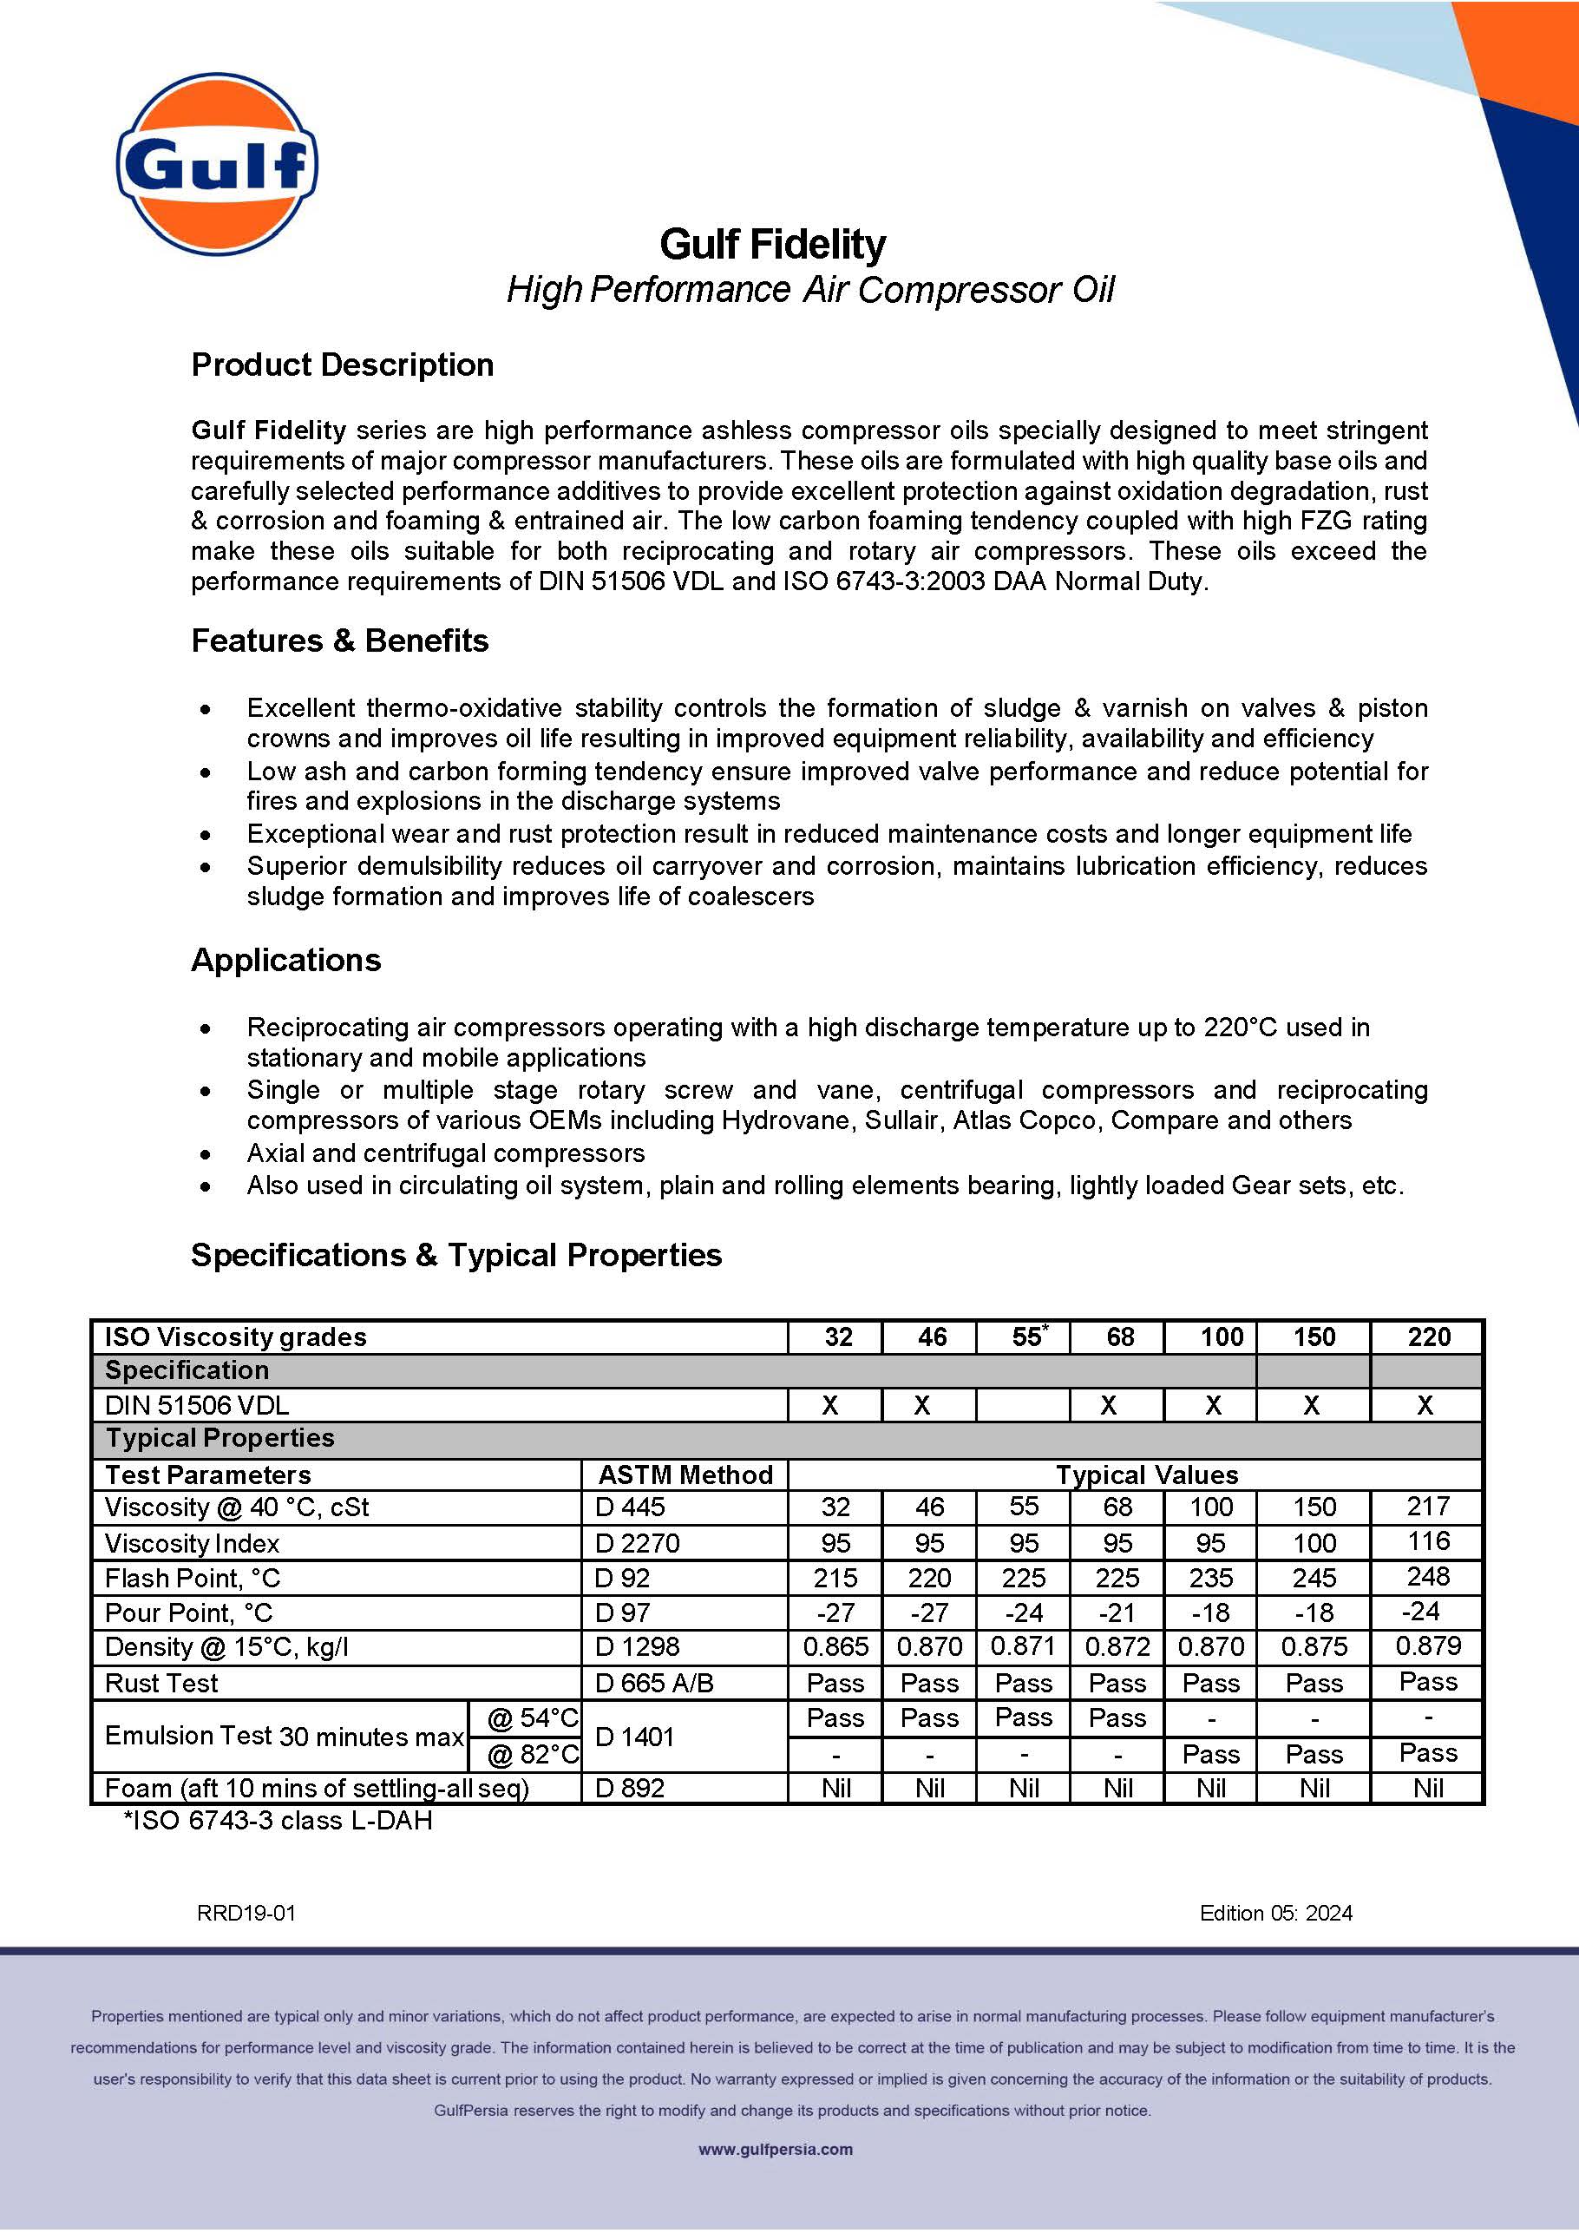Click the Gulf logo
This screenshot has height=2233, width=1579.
pyautogui.click(x=217, y=164)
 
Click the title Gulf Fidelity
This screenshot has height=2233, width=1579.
pyautogui.click(x=772, y=244)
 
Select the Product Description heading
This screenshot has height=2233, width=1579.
pyautogui.click(x=342, y=365)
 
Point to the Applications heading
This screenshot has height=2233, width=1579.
pyautogui.click(x=285, y=960)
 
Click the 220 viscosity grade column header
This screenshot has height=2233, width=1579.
pyautogui.click(x=1428, y=1337)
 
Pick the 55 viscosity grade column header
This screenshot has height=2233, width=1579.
pyautogui.click(x=1026, y=1337)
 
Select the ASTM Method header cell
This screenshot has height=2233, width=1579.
pyautogui.click(x=685, y=1474)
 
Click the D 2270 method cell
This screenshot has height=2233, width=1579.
pyautogui.click(x=637, y=1542)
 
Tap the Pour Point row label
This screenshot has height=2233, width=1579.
pyautogui.click(x=188, y=1612)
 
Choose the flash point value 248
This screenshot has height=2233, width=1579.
pyautogui.click(x=1427, y=1577)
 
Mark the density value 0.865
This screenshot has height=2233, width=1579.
pyautogui.click(x=835, y=1646)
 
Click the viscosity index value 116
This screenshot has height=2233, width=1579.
pyautogui.click(x=1428, y=1541)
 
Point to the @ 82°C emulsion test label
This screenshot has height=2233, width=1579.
pyautogui.click(x=532, y=1754)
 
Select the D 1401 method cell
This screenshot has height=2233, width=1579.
pyautogui.click(x=634, y=1736)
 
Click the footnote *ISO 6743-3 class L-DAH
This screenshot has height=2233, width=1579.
pyautogui.click(x=278, y=1821)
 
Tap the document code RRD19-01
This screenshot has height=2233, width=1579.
pyautogui.click(x=246, y=1913)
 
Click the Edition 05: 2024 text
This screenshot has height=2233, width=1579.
pyautogui.click(x=1275, y=1913)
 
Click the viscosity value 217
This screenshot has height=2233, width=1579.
pyautogui.click(x=1428, y=1507)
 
